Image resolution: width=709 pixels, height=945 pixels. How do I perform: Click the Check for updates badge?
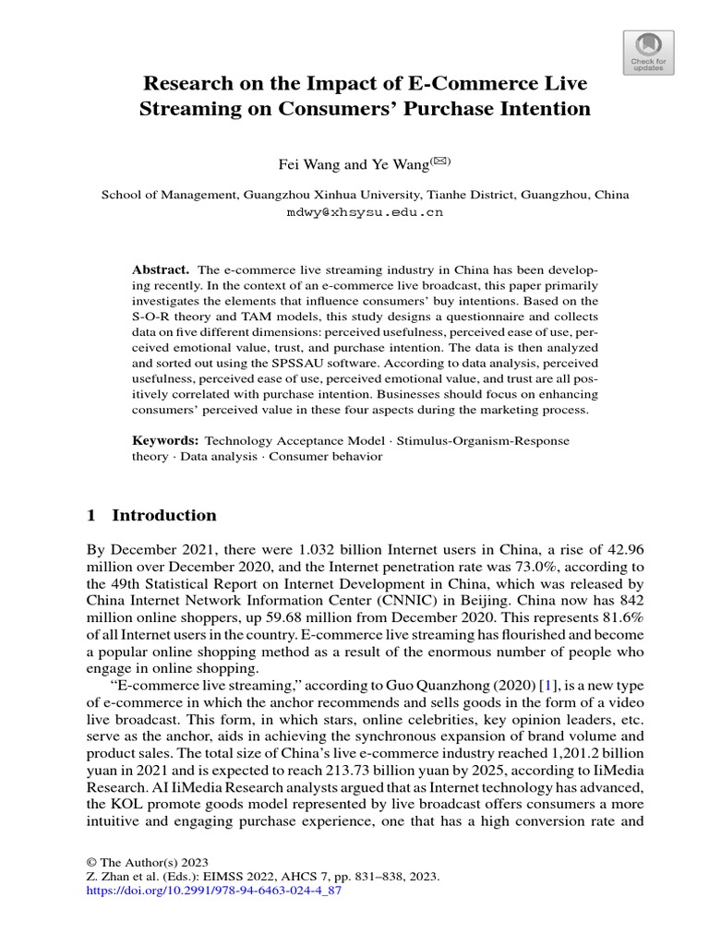pos(649,52)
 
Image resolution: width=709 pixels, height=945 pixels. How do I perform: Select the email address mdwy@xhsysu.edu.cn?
pos(366,211)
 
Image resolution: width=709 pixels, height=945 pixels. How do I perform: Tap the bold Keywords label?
pos(165,441)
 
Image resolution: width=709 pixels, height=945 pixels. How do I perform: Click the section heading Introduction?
pos(163,515)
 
